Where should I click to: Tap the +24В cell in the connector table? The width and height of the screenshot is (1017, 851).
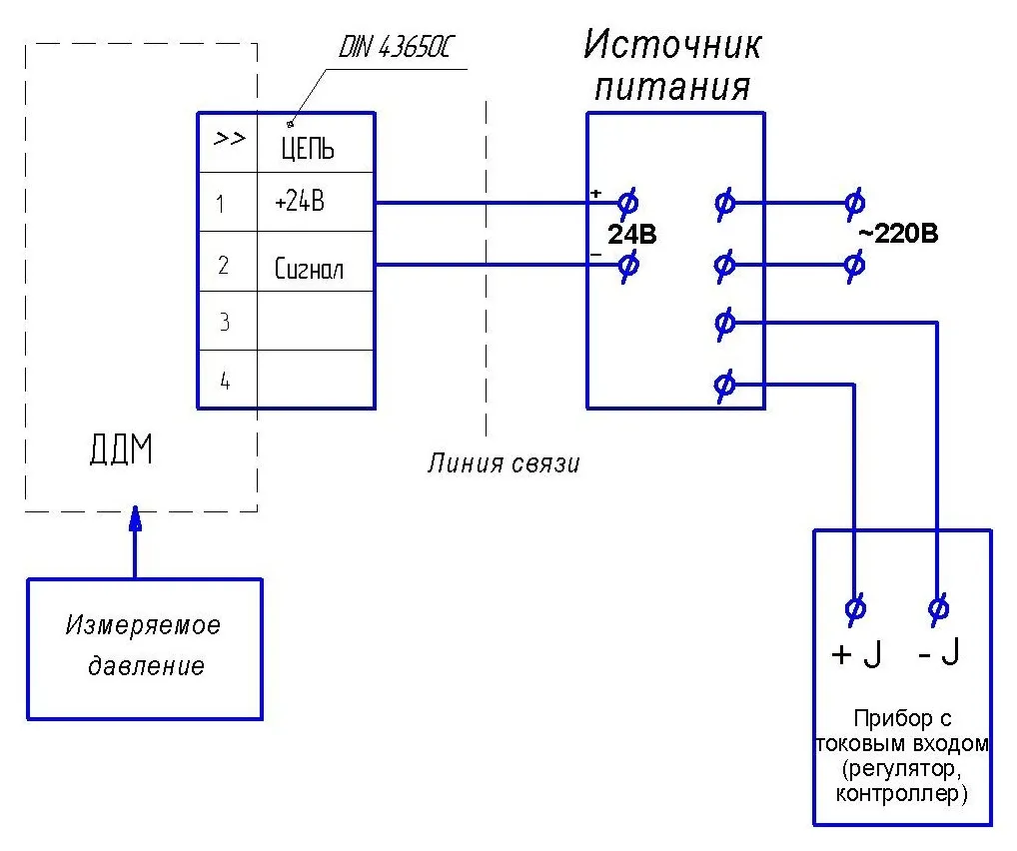(300, 202)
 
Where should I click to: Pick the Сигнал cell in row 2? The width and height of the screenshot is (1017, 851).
(309, 269)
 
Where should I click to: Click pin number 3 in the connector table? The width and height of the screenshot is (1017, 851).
(225, 322)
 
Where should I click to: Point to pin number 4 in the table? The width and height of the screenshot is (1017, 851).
(225, 381)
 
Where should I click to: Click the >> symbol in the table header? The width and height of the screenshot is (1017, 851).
(229, 139)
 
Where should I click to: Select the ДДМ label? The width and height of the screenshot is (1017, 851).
(121, 451)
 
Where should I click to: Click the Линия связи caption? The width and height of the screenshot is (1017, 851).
(504, 463)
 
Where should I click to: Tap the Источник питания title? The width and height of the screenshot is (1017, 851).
(672, 65)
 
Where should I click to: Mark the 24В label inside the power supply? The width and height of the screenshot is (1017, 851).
(631, 235)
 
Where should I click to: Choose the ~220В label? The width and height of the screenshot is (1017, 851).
(898, 235)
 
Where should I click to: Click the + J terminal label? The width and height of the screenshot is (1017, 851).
(856, 655)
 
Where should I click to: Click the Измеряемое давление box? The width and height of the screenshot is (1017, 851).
(144, 647)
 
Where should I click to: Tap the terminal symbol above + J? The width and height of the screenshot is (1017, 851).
(855, 606)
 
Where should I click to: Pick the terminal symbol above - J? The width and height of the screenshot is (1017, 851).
(938, 606)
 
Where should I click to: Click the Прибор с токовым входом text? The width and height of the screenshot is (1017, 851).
(903, 756)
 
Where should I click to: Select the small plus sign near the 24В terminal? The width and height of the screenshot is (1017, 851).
(596, 193)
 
